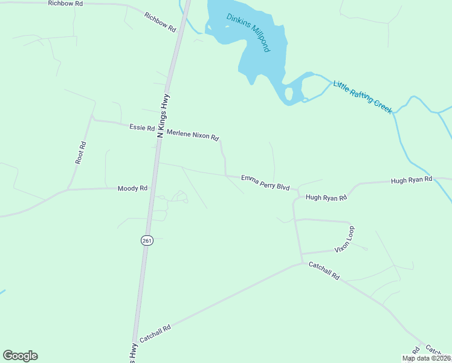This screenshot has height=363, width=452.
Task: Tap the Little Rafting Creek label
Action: pyautogui.click(x=363, y=96)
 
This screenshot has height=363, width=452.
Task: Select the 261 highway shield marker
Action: pyautogui.click(x=147, y=240)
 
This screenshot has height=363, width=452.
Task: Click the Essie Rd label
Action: pyautogui.click(x=141, y=128)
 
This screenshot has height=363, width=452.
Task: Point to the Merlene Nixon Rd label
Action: pyautogui.click(x=192, y=135)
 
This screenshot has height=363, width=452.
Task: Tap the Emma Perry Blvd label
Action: pyautogui.click(x=265, y=183)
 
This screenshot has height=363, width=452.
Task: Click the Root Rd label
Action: pyautogui.click(x=81, y=153)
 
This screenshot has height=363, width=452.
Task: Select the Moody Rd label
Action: pyautogui.click(x=132, y=188)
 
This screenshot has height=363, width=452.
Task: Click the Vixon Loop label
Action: pyautogui.click(x=344, y=240)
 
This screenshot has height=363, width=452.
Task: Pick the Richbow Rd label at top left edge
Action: pyautogui.click(x=66, y=4)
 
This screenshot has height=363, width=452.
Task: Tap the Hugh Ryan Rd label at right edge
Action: pyautogui.click(x=412, y=180)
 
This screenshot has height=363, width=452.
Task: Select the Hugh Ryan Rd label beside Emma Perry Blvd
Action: pyautogui.click(x=326, y=197)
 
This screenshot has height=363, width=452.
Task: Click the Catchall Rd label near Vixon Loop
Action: pyautogui.click(x=324, y=270)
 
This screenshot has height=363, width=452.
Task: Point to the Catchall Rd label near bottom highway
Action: pyautogui.click(x=155, y=335)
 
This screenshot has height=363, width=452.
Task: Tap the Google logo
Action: pyautogui.click(x=20, y=356)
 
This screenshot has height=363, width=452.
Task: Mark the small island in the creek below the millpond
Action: pyautogui.click(x=289, y=94)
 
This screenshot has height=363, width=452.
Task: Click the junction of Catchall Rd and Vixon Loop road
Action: pyautogui.click(x=302, y=263)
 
